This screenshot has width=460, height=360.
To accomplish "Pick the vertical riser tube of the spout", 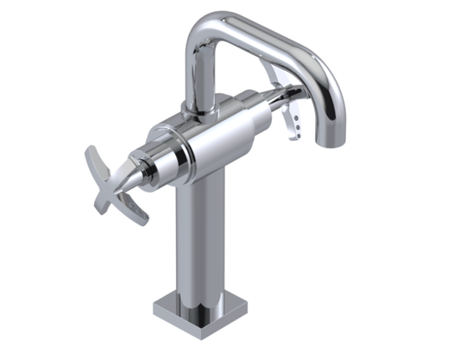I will [199, 78].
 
